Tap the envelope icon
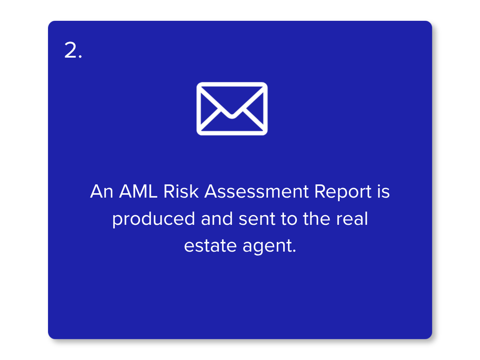[232, 109]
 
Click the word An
[102, 192]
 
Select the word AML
[138, 192]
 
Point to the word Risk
[181, 191]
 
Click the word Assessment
[256, 192]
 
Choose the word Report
[343, 193]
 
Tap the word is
[383, 191]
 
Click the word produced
[154, 219]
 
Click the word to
[289, 219]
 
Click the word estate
[210, 246]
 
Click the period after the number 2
[80, 56]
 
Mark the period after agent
[294, 251]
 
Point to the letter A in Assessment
[212, 192]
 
